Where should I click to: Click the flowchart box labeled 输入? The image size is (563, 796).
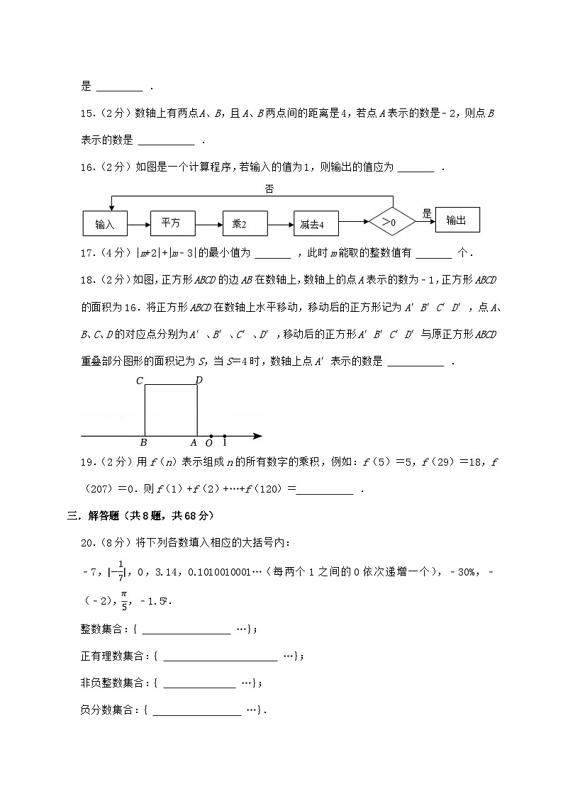point(104,224)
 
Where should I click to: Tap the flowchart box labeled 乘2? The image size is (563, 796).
point(243,224)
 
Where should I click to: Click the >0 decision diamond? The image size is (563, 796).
point(391,222)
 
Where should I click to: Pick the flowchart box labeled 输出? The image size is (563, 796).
point(457,220)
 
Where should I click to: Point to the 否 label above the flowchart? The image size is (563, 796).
point(269,189)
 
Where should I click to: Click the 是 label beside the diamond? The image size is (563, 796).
point(427,213)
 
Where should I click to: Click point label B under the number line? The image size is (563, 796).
point(143,443)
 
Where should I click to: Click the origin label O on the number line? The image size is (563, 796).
point(209,443)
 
